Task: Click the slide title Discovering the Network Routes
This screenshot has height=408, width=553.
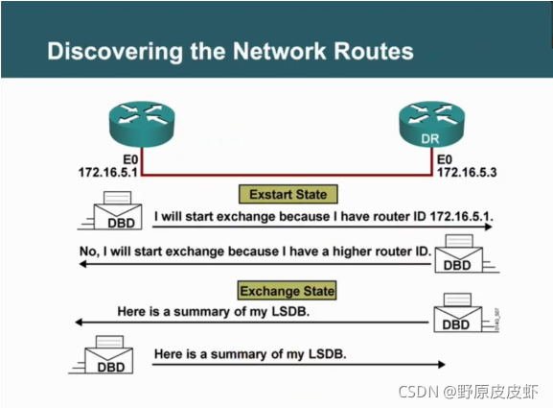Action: click(x=230, y=52)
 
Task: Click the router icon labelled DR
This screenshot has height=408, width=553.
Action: click(x=431, y=124)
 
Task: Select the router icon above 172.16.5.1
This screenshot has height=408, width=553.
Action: click(x=142, y=124)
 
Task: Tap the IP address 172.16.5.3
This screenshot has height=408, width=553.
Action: click(x=467, y=173)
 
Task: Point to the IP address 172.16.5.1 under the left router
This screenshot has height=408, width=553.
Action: click(x=108, y=173)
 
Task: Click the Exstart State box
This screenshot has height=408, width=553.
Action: click(x=288, y=194)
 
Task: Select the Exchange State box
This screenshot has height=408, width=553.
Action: click(x=288, y=291)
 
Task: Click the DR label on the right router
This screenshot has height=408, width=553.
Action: click(x=430, y=139)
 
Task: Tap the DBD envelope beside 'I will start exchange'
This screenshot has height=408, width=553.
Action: click(x=118, y=211)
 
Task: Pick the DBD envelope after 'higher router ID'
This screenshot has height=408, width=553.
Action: click(x=459, y=253)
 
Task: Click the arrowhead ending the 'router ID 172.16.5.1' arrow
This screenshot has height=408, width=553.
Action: click(x=489, y=227)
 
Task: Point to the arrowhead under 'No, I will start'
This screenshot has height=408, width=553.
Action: click(x=83, y=264)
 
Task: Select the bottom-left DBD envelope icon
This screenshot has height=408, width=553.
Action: click(x=108, y=354)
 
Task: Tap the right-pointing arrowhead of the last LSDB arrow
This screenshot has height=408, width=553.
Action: click(x=442, y=365)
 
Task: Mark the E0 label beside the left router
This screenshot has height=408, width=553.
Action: click(x=130, y=159)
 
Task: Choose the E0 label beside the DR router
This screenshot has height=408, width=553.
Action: click(x=445, y=159)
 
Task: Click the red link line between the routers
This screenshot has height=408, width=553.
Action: click(x=287, y=175)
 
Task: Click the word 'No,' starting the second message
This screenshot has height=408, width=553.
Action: click(x=88, y=252)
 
